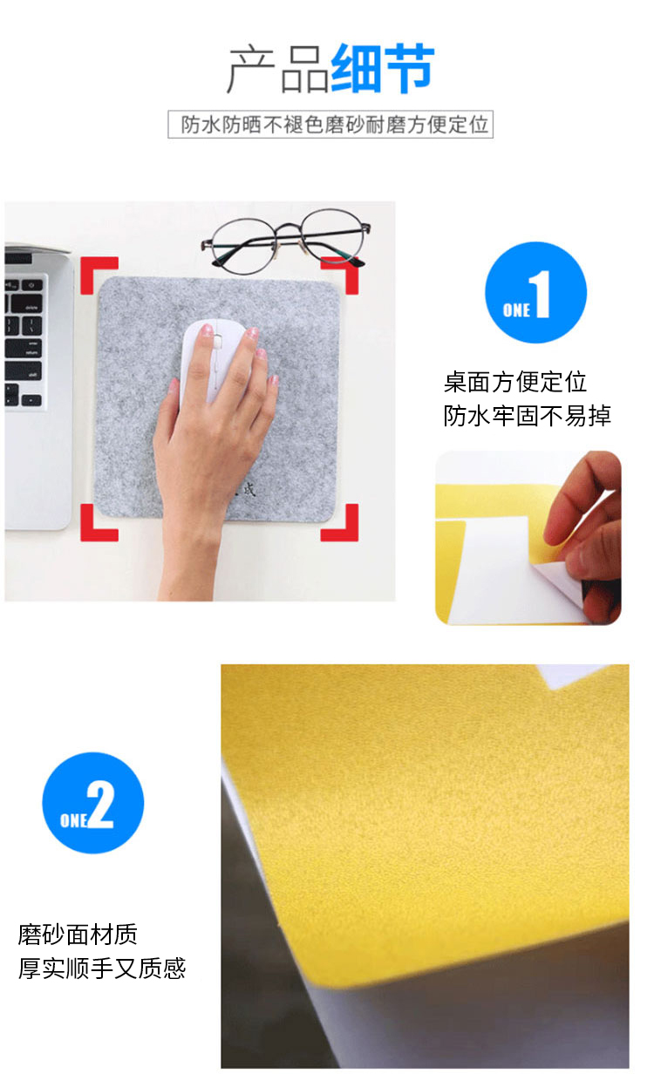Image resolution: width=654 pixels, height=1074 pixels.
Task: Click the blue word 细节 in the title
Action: tap(383, 68)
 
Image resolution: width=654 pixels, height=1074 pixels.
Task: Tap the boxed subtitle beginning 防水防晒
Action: tap(330, 125)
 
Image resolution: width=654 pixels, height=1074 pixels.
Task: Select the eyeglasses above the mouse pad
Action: tap(286, 239)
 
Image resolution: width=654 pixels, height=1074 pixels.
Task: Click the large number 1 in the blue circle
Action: tap(541, 294)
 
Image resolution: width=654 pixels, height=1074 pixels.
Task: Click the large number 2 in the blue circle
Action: tap(100, 804)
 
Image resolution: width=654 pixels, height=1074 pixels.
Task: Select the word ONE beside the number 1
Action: tap(516, 310)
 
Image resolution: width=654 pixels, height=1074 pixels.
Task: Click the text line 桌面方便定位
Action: tap(515, 382)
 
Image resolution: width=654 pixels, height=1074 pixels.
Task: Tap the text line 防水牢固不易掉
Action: tap(527, 415)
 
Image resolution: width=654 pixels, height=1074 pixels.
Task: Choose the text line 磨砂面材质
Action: tap(78, 934)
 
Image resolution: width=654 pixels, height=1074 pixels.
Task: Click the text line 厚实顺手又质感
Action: tap(102, 968)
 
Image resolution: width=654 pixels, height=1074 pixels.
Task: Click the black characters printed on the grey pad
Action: tap(246, 490)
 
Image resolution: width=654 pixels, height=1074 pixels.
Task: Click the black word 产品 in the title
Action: tap(278, 70)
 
